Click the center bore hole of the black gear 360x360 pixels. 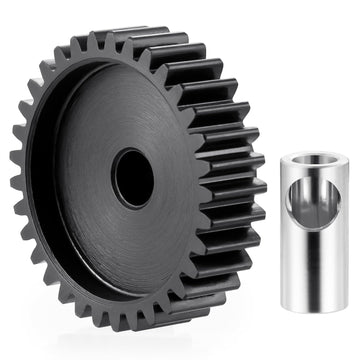pos(133,178)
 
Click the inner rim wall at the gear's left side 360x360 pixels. pos(50,185)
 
